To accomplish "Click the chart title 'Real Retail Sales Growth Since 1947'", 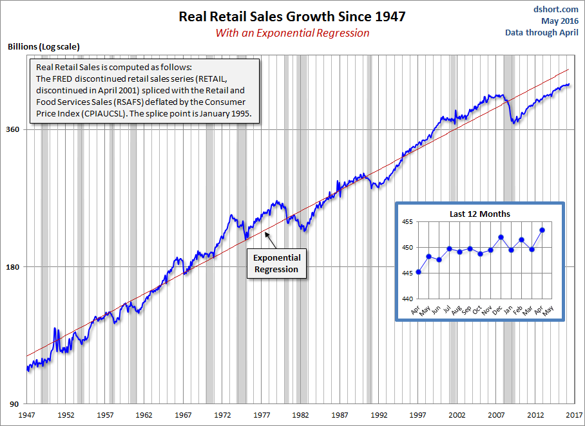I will (x=292, y=17).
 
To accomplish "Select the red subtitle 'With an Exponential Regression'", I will (x=292, y=33).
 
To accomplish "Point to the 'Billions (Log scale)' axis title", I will (x=43, y=47).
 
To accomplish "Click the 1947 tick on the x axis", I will (x=27, y=415).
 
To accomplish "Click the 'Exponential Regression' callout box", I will (x=276, y=263).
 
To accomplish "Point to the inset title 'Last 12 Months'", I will (x=480, y=214).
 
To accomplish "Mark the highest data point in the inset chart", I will (x=542, y=230).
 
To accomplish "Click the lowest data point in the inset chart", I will (x=419, y=272).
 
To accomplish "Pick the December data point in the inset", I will (x=501, y=237).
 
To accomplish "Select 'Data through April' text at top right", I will (x=541, y=32).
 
